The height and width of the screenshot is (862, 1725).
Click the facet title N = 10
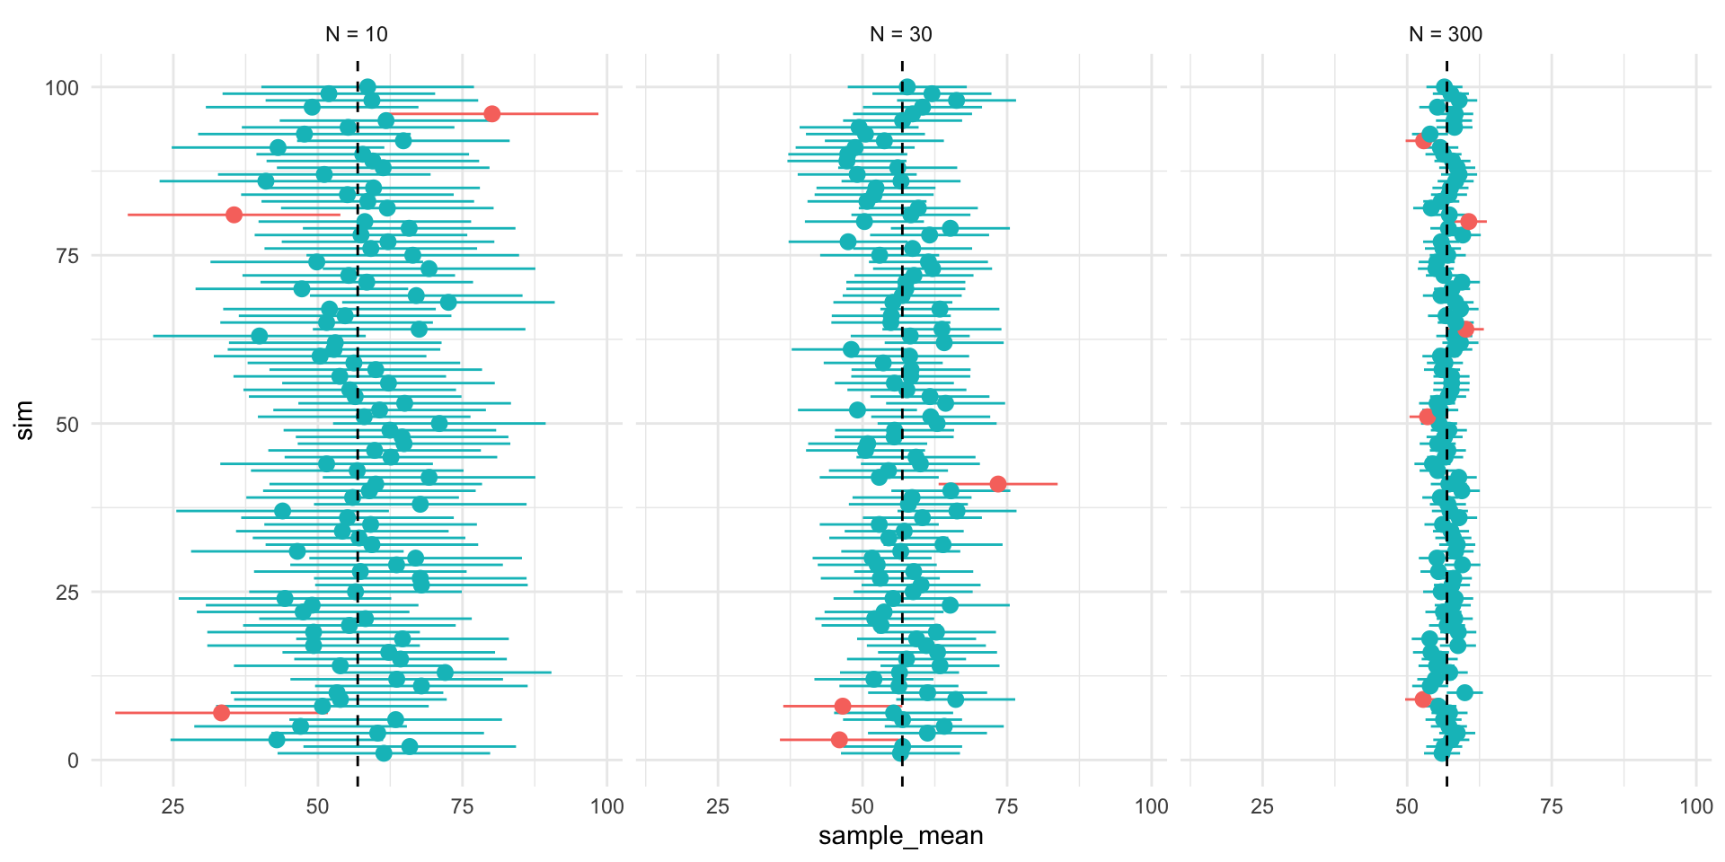(357, 34)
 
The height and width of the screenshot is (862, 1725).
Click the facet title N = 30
(901, 34)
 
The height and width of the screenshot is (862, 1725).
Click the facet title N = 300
(1446, 34)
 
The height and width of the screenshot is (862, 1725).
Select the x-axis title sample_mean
(900, 836)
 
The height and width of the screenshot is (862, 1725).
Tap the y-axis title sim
(25, 420)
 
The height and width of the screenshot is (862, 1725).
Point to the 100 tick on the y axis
(62, 88)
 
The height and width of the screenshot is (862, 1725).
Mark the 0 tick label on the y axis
(73, 761)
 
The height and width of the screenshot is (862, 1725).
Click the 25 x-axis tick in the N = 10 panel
(172, 806)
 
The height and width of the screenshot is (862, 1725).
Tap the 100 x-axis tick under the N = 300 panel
(1696, 806)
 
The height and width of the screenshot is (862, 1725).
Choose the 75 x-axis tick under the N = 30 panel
(1007, 806)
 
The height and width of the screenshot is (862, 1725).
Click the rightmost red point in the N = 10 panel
(491, 114)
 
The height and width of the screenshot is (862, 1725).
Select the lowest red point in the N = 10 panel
(221, 713)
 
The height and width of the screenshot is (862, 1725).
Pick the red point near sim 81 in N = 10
(234, 215)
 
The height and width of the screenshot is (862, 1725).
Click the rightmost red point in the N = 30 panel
(997, 484)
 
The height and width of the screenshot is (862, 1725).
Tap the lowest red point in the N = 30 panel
(839, 740)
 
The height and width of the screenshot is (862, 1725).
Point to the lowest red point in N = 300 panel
(1422, 699)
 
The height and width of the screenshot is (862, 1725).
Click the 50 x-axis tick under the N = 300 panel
(1407, 806)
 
